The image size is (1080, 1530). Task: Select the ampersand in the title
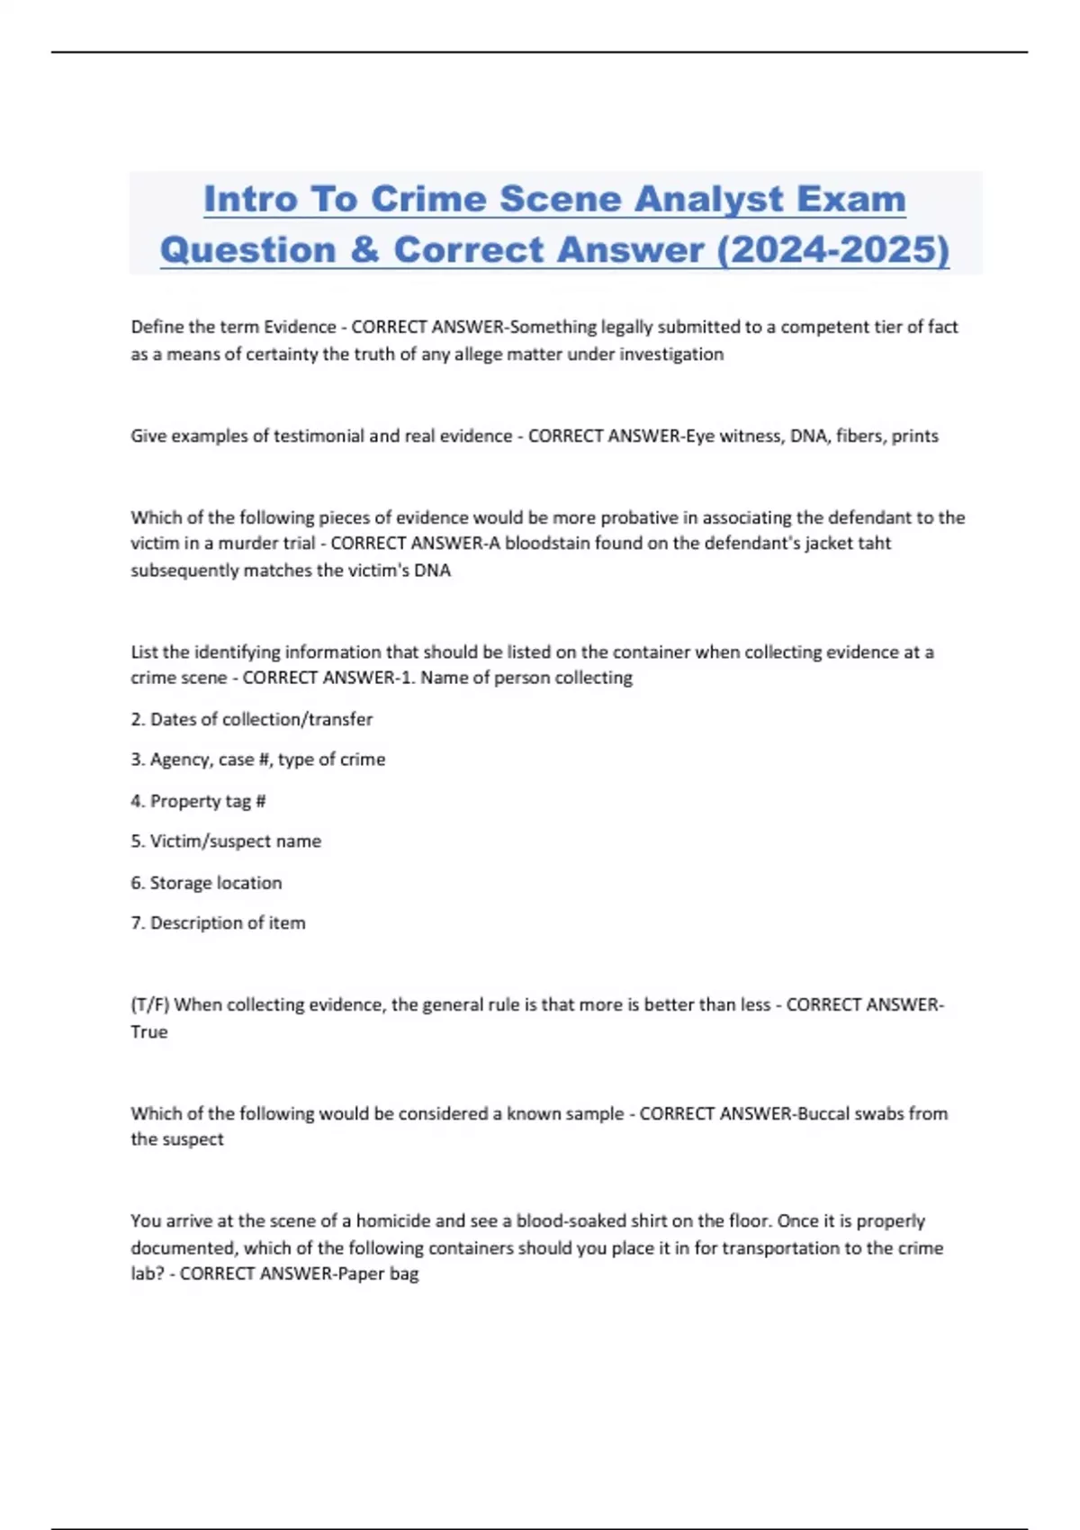[364, 249]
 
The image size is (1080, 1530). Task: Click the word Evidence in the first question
[300, 327]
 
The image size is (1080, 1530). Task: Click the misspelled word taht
[874, 543]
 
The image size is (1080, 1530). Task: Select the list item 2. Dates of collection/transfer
[251, 719]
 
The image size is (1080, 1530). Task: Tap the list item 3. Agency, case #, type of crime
[257, 760]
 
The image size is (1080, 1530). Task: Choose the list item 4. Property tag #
[198, 801]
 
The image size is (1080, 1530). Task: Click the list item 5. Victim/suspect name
[226, 841]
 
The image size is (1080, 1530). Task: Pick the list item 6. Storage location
[206, 883]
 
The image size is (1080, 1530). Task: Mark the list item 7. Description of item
[218, 923]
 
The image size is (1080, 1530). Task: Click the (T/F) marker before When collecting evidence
[149, 1004]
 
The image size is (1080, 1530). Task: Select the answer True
[149, 1032]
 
